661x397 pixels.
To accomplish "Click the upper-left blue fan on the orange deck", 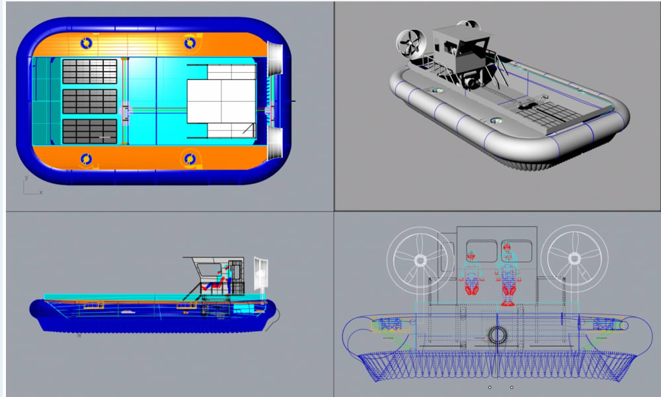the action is (86, 43).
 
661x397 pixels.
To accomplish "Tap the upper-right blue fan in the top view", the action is (190, 43).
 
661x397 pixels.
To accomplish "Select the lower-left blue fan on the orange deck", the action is (86, 159).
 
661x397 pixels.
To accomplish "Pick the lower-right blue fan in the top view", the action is (190, 159).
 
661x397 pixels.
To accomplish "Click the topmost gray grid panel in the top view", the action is (90, 71).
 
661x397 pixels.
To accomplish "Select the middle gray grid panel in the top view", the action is (90, 101).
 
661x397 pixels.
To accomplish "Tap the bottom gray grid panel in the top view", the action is (90, 131).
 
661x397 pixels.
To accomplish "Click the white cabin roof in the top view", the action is (221, 101).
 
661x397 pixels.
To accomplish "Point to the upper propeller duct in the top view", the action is (274, 59).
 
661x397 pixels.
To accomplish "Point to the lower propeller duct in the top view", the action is (274, 143).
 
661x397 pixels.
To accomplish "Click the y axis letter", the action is (26, 177).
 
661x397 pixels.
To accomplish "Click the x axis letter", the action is (41, 193).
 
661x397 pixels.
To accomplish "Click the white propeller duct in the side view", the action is (261, 274).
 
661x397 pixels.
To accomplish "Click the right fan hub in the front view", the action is (574, 258).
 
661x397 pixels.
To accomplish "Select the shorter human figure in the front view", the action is (471, 273).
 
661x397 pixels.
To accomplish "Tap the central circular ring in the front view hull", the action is (498, 336).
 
